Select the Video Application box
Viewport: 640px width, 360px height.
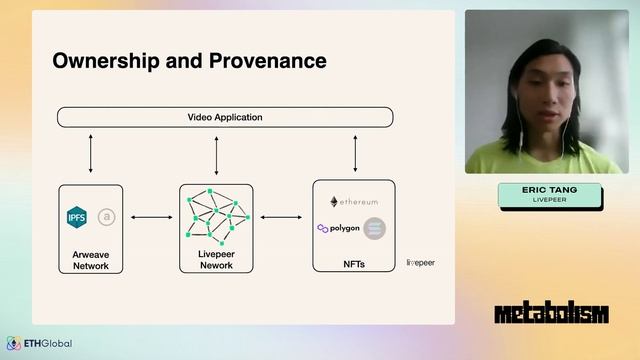pos(225,117)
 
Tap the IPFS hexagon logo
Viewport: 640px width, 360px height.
pos(77,217)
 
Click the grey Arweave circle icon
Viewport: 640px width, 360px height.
pos(106,217)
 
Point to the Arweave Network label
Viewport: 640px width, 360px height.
pos(91,261)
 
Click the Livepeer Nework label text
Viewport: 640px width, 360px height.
pos(216,260)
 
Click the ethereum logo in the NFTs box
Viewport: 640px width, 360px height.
pos(354,202)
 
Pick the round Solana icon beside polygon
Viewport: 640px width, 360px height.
pos(375,228)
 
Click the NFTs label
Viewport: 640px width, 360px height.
pos(354,264)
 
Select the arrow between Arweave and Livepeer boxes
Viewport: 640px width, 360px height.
pos(151,217)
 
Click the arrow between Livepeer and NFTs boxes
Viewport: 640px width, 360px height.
pos(282,217)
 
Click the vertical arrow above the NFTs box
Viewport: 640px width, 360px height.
pos(355,153)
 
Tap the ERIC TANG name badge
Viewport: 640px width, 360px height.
pos(551,195)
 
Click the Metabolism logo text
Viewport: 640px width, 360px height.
pos(551,314)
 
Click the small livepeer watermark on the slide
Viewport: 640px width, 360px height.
pos(420,263)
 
